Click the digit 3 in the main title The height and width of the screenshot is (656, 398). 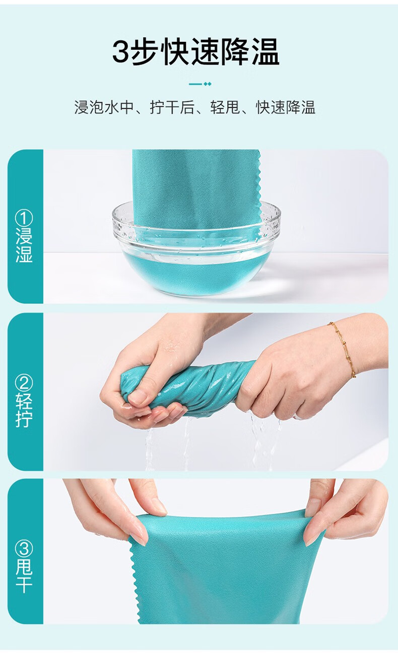(121, 52)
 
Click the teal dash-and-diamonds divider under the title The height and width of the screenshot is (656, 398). (200, 84)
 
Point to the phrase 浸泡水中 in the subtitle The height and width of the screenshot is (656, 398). (104, 107)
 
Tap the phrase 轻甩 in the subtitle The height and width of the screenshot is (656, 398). (225, 107)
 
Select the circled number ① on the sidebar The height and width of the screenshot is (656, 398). (24, 218)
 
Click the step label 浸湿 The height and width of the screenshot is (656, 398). (24, 245)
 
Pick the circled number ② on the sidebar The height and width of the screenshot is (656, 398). (24, 383)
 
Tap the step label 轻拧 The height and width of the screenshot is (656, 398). (24, 410)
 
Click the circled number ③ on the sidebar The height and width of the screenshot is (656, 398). (24, 549)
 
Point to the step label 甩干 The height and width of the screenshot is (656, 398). (24, 576)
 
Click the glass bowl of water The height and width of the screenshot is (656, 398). (196, 249)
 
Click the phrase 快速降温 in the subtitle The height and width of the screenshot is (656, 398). (286, 107)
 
